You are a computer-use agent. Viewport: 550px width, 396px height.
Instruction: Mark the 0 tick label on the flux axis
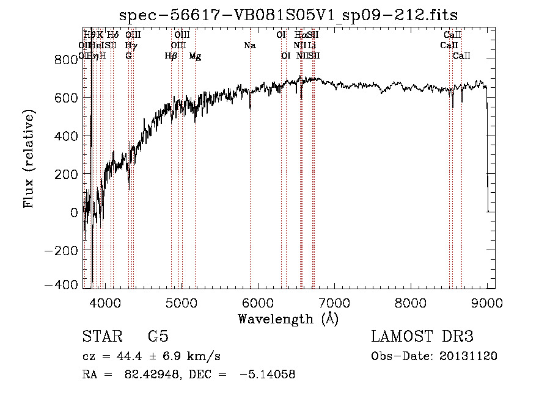click(74, 212)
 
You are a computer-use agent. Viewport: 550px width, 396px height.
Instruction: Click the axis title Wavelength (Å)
click(288, 319)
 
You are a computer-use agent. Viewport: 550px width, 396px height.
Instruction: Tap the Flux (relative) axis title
click(29, 159)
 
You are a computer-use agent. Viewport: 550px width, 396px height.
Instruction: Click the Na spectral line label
click(249, 46)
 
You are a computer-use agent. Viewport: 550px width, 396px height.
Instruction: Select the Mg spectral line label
click(195, 56)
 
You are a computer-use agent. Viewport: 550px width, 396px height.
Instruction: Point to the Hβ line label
click(171, 56)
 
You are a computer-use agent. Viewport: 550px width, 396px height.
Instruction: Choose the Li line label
click(312, 46)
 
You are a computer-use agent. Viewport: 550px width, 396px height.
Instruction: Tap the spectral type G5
click(158, 337)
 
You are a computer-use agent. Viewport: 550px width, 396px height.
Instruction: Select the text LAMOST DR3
click(422, 337)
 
